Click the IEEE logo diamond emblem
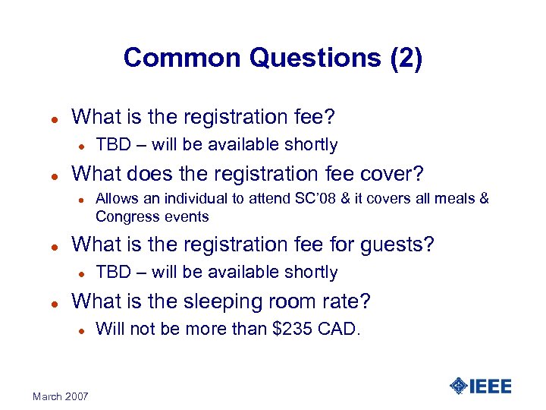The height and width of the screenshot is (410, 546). coord(459,386)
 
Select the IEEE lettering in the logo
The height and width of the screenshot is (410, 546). coord(491,386)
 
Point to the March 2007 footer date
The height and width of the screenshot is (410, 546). coord(60,396)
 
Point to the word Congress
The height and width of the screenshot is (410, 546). coord(124,216)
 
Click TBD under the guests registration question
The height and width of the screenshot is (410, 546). coord(112,272)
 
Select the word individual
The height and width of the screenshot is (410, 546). coord(180,199)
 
